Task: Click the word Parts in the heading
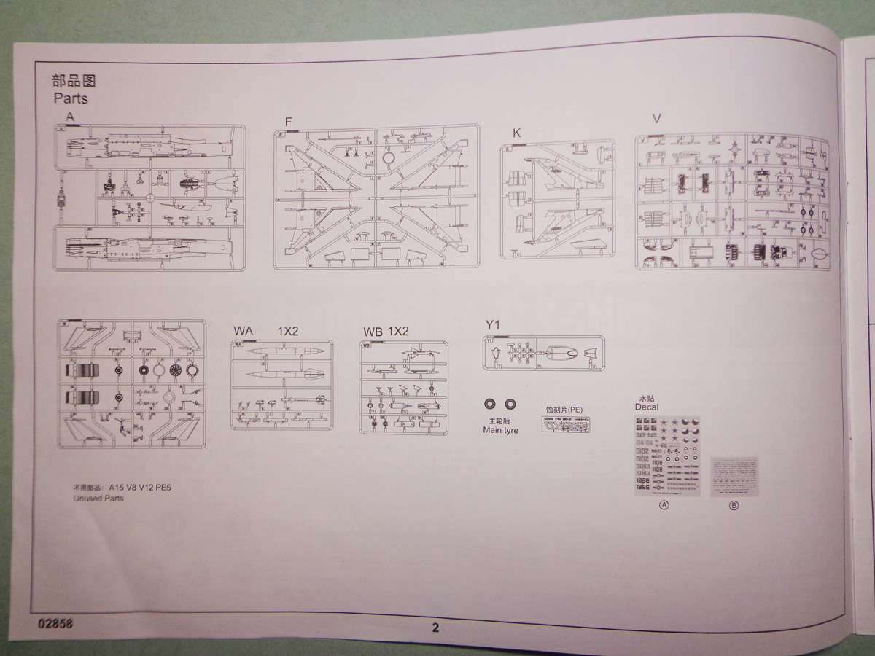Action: pos(70,98)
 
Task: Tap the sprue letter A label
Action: pos(69,117)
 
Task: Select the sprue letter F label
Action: pos(289,121)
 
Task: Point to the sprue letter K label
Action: pos(517,133)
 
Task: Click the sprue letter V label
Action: pos(656,119)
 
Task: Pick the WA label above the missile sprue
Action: pos(243,331)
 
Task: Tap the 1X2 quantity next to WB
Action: pos(398,331)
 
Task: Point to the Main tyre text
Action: pos(502,430)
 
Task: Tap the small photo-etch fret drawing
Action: pos(566,424)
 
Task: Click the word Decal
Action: pos(646,407)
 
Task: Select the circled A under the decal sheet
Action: pos(664,506)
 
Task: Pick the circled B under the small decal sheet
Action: pos(734,506)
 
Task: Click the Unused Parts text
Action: pos(98,499)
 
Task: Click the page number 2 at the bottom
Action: pos(435,628)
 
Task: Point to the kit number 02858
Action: pos(52,624)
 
